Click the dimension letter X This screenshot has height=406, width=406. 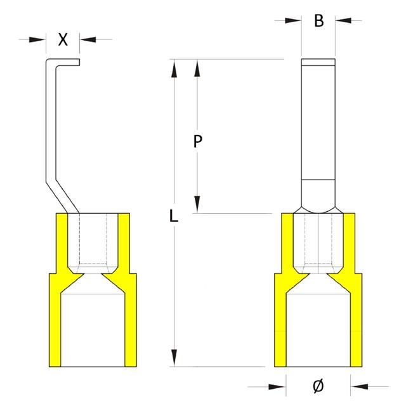[x=63, y=39]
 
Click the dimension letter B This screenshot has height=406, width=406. [x=319, y=20]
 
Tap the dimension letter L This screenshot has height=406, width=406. [x=174, y=216]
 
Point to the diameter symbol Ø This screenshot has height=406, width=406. [x=318, y=385]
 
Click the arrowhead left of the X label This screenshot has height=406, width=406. [x=39, y=39]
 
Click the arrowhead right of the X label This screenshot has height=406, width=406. [x=86, y=39]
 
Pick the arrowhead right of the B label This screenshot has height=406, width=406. [x=343, y=20]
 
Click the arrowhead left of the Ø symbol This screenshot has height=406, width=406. [x=277, y=385]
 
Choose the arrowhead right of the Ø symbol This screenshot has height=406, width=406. [x=358, y=385]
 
